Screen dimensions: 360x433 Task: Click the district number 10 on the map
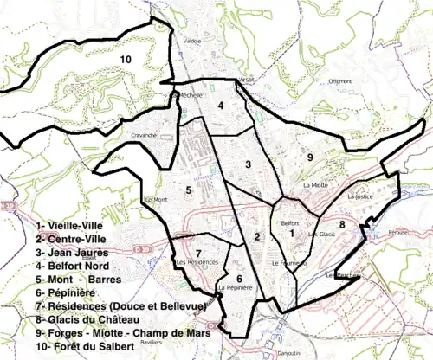tap(126, 59)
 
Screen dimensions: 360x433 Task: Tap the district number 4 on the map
tap(222, 105)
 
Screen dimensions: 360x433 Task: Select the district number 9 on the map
tap(308, 157)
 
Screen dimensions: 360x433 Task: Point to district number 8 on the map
tap(342, 224)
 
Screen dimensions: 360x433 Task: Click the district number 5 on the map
tap(187, 189)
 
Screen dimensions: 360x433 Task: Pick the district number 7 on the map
tap(186, 228)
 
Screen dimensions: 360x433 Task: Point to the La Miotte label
tap(315, 185)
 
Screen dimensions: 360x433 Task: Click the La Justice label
tap(358, 196)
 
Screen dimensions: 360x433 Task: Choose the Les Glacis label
tap(320, 235)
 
